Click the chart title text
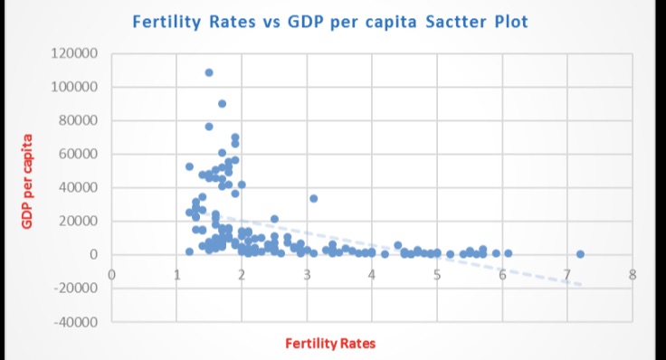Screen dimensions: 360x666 click(x=329, y=21)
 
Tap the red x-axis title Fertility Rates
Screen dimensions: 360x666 click(x=329, y=343)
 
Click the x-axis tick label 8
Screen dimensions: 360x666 click(x=632, y=274)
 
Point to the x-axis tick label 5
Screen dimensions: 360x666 click(x=437, y=274)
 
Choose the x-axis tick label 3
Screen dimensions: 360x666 click(x=307, y=274)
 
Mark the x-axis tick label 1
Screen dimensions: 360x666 click(x=176, y=274)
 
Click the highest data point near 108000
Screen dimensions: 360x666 click(x=209, y=72)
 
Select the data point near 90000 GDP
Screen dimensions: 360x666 click(x=222, y=103)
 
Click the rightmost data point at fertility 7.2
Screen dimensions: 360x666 click(x=580, y=254)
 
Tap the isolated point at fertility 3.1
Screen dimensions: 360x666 click(x=313, y=198)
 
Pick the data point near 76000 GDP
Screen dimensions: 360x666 click(x=209, y=127)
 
